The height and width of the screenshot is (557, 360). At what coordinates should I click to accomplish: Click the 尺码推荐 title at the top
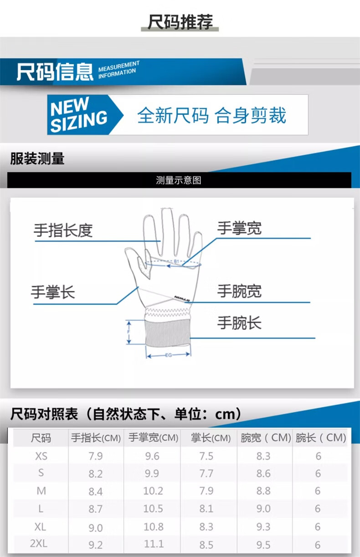pos(180,22)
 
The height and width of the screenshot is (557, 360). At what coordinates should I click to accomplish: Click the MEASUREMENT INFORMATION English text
pos(118,70)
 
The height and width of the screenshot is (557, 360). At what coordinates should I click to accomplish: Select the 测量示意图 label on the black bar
pos(179,181)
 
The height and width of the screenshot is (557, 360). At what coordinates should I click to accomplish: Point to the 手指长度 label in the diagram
pos(63,231)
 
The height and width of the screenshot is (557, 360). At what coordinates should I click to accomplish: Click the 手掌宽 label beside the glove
pos(239,228)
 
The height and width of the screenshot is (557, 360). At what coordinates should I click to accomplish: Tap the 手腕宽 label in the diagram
pos(239,291)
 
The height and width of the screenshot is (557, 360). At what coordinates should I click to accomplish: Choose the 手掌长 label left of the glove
pos(53,292)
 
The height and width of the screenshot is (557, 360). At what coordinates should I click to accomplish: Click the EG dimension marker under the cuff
pos(169,355)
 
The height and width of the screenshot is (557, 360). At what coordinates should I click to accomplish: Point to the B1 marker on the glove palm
pos(176,261)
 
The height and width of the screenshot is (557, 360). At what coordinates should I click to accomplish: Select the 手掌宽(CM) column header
pos(154,438)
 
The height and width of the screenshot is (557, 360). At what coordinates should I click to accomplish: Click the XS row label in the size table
pos(41,456)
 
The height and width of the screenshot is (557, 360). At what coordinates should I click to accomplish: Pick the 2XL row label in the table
pos(39,543)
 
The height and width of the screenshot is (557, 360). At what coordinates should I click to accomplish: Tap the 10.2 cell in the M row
pos(153,491)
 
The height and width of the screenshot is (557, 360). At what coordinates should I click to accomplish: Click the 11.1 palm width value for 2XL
pos(154,544)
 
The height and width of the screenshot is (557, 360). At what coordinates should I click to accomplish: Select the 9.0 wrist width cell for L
pos(263,509)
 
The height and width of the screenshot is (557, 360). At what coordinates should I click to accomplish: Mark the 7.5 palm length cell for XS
pos(206,456)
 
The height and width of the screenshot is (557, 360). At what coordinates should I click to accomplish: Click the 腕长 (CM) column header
pos(321,438)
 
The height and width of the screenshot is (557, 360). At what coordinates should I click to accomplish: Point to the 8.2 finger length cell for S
pos(96,474)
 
